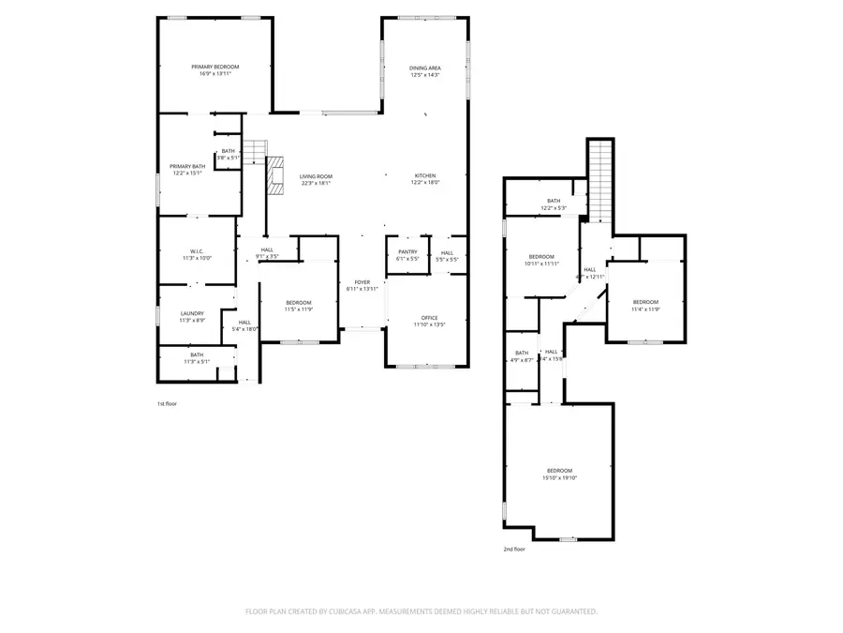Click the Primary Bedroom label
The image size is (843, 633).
point(215,67)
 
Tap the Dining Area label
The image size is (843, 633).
point(424,68)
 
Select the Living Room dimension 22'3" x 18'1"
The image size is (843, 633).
point(316,183)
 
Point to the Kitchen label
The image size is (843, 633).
point(425,175)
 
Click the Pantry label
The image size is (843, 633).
point(407,251)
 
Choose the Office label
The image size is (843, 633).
point(429,318)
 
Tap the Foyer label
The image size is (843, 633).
point(362,281)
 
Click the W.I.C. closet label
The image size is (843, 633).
point(197,251)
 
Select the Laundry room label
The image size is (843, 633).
point(192,313)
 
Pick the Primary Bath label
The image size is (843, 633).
point(187,166)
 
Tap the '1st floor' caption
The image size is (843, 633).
point(167,403)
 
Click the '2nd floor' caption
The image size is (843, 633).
point(514,549)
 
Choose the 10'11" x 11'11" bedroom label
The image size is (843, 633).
point(541,257)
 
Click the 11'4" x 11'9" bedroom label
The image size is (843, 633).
point(645,302)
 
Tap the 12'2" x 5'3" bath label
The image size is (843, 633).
point(554,201)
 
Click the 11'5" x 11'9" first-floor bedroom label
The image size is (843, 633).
point(299,302)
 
